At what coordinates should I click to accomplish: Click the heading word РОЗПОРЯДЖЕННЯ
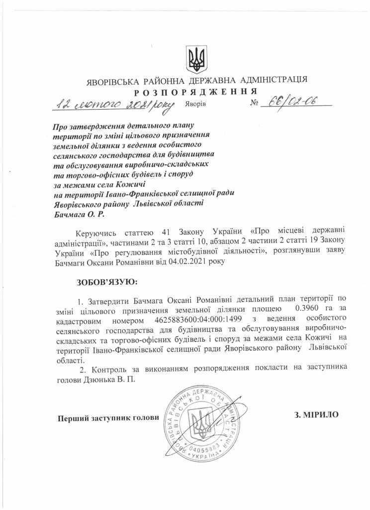pyautogui.click(x=195, y=92)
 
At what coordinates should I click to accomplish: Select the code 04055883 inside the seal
pyautogui.click(x=202, y=451)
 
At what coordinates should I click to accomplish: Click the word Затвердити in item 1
pyautogui.click(x=110, y=300)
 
